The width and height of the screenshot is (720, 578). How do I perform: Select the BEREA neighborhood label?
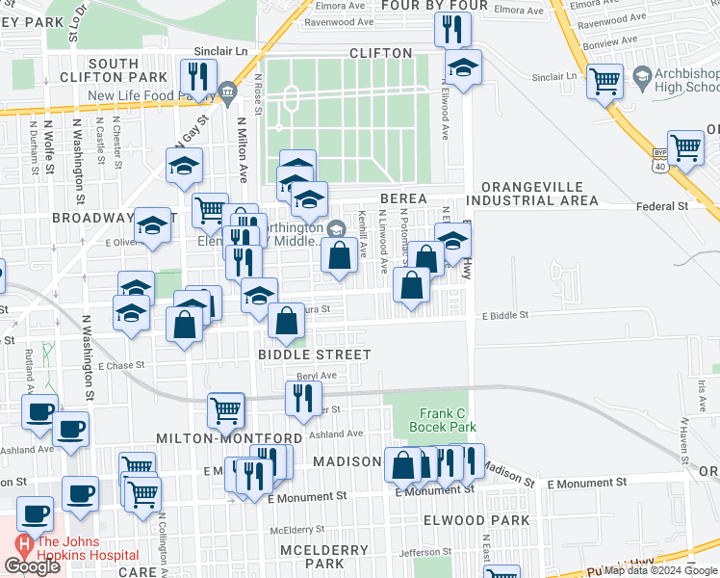coord(403,198)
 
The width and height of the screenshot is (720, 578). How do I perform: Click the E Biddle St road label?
coord(504,315)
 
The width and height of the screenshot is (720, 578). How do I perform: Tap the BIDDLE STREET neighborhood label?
coord(314,355)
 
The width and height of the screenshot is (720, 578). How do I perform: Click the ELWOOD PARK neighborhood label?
coord(476,520)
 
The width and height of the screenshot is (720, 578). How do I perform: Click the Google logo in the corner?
coord(32,566)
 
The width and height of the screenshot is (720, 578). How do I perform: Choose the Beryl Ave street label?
coord(317,376)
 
